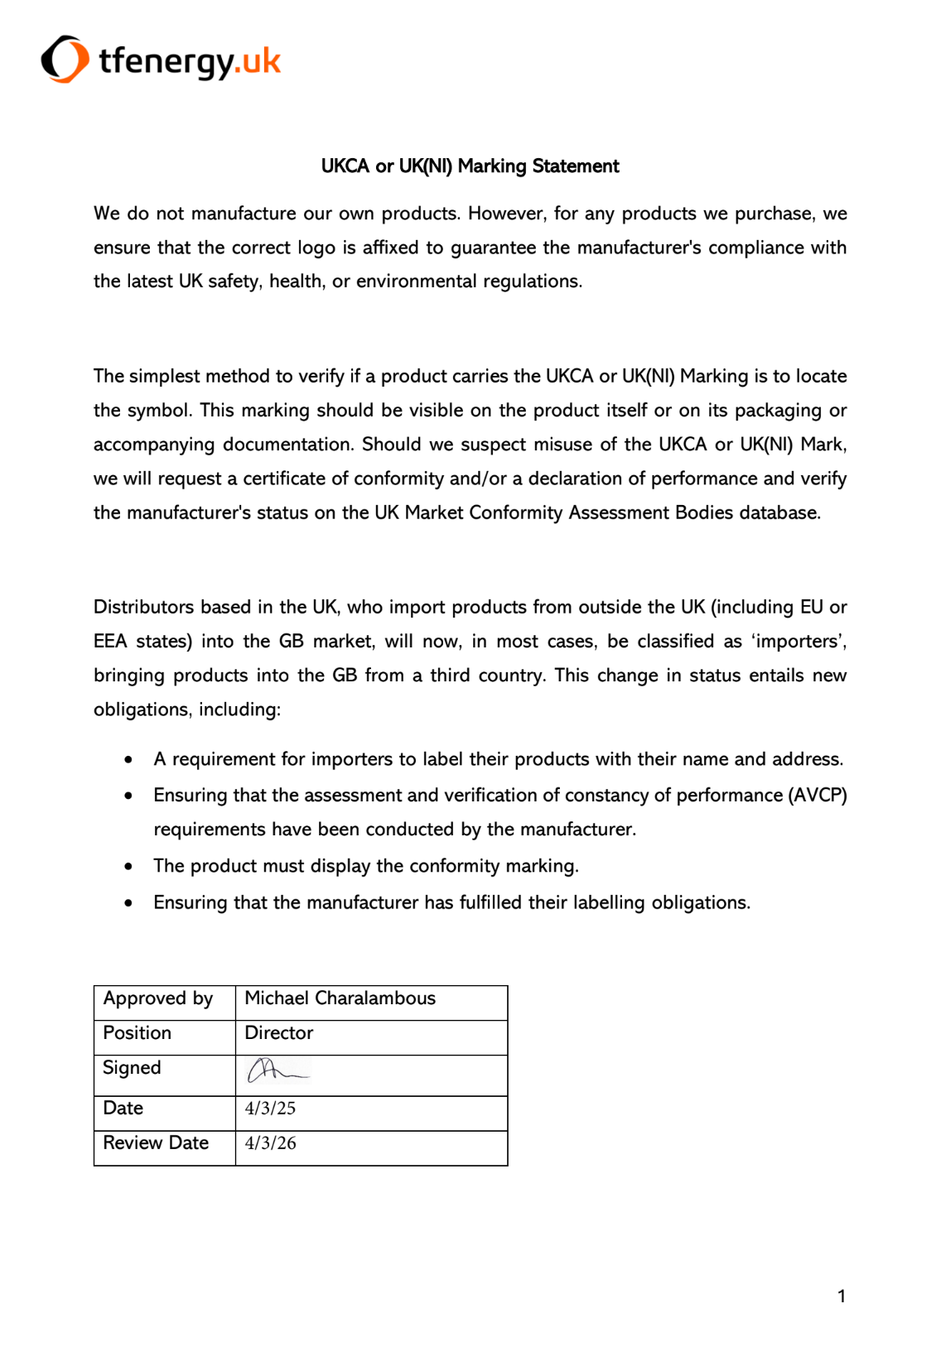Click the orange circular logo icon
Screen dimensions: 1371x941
[x=65, y=60]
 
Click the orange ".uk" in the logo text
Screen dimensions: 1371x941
[x=258, y=60]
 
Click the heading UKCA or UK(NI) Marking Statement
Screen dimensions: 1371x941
[x=470, y=166]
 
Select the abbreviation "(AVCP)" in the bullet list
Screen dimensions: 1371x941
[x=817, y=796]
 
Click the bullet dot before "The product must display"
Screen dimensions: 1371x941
[x=128, y=867]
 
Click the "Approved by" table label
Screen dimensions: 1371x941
[x=158, y=998]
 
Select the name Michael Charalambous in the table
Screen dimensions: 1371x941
[x=340, y=998]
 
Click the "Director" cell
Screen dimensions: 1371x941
[x=279, y=1033]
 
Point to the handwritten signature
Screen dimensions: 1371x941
[x=277, y=1071]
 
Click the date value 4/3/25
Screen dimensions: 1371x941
[x=270, y=1109]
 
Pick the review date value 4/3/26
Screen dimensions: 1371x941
[x=270, y=1143]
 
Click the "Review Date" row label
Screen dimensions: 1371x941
[x=156, y=1143]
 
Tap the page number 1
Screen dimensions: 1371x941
[x=842, y=1296]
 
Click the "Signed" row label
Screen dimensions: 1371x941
[x=132, y=1068]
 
